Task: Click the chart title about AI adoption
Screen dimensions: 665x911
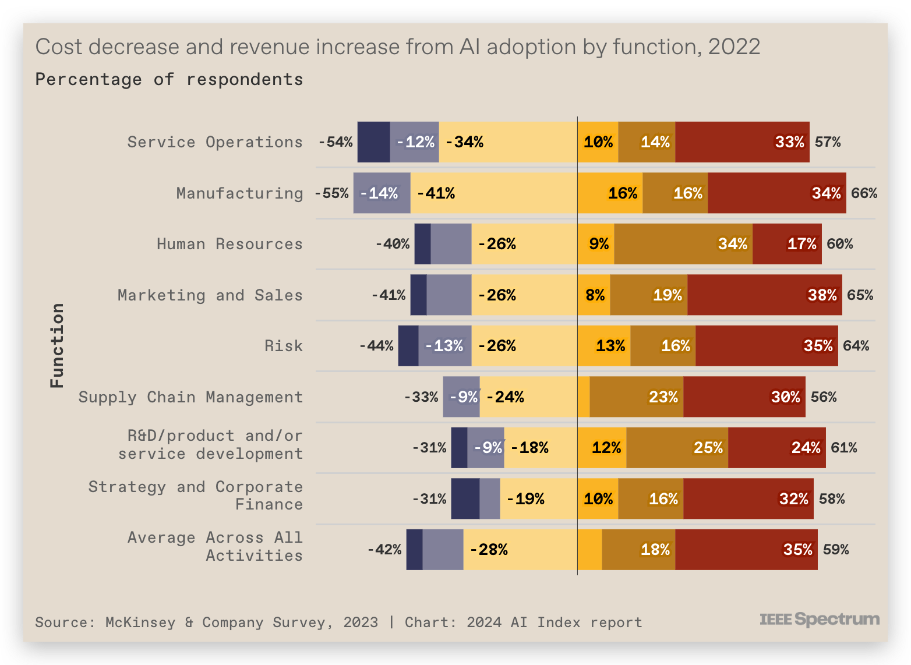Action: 398,47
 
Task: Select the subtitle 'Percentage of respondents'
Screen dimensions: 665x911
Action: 169,79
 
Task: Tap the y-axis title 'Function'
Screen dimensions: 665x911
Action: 57,345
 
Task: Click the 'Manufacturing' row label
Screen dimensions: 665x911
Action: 239,193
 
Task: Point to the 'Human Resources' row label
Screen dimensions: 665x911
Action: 229,244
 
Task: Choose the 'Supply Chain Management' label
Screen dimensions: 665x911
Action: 190,397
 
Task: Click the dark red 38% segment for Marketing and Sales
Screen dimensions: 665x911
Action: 764,295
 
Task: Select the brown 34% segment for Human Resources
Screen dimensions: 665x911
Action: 683,244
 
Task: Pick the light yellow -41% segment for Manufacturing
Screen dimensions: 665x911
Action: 494,193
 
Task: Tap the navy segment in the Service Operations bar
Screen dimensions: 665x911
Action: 373,142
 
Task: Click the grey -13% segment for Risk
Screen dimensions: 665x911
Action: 444,346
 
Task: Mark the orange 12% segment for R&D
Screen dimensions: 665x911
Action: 602,448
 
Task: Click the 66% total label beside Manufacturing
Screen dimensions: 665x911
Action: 864,193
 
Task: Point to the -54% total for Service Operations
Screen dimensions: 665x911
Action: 336,142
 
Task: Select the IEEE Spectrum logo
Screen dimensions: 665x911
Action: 819,619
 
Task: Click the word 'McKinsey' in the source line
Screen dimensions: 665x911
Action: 140,622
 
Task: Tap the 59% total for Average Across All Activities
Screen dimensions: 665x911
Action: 835,550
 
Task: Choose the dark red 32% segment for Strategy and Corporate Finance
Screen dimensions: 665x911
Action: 748,499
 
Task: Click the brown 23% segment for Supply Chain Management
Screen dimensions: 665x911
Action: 636,397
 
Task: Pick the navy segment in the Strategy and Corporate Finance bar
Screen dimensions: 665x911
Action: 465,499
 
